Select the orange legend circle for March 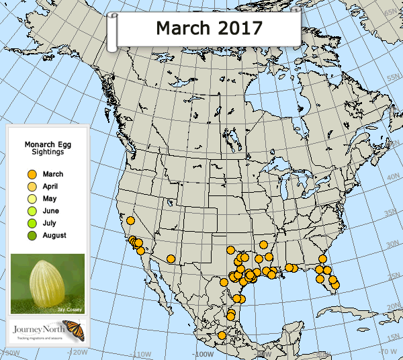31,175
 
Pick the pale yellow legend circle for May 31,199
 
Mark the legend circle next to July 31,223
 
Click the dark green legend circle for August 31,235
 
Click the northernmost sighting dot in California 130,220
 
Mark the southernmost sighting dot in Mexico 222,335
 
